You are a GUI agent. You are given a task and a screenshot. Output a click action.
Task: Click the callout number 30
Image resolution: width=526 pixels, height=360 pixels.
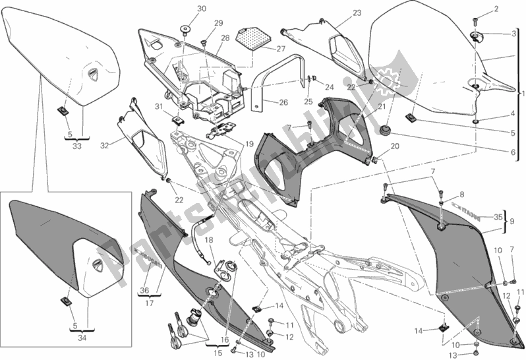[183, 9]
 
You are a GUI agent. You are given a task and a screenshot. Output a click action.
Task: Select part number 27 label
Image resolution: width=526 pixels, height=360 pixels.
[281, 49]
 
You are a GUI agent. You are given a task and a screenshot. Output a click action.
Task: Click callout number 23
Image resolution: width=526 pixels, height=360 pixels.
[339, 13]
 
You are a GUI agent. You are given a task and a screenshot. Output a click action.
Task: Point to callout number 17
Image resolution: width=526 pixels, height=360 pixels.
[148, 304]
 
